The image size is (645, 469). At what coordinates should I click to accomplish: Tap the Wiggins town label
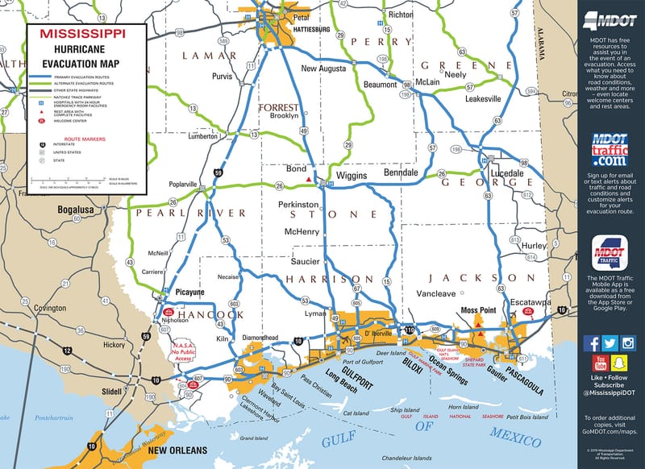(352, 175)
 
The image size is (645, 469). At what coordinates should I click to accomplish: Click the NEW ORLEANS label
(177, 450)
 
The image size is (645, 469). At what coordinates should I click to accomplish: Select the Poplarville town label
(183, 184)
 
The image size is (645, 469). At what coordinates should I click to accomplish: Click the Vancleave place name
(436, 294)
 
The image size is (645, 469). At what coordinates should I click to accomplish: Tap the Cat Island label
(356, 413)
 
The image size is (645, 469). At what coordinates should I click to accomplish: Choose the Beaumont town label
(381, 85)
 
